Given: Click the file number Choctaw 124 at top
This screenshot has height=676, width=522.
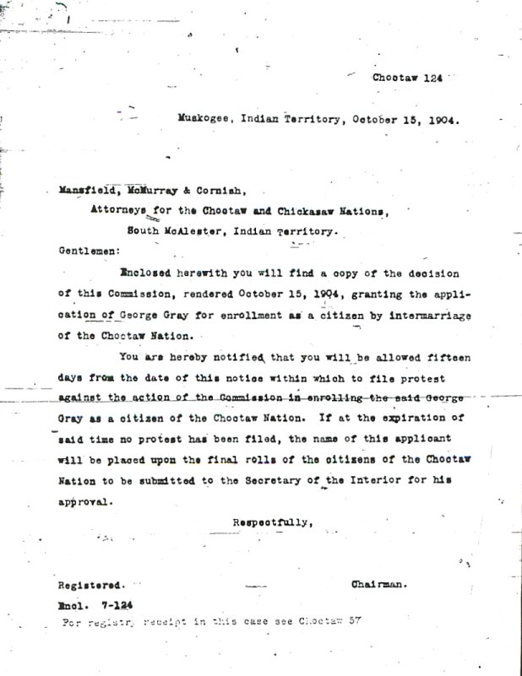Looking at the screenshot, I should (407, 78).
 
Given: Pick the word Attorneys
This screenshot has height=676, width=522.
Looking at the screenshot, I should (119, 211).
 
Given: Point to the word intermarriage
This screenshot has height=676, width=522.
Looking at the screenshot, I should (431, 316).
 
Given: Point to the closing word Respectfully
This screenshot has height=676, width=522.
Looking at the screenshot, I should (273, 522).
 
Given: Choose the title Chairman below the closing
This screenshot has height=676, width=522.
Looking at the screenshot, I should (379, 583).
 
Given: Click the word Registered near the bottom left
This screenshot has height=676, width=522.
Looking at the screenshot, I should (91, 585).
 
